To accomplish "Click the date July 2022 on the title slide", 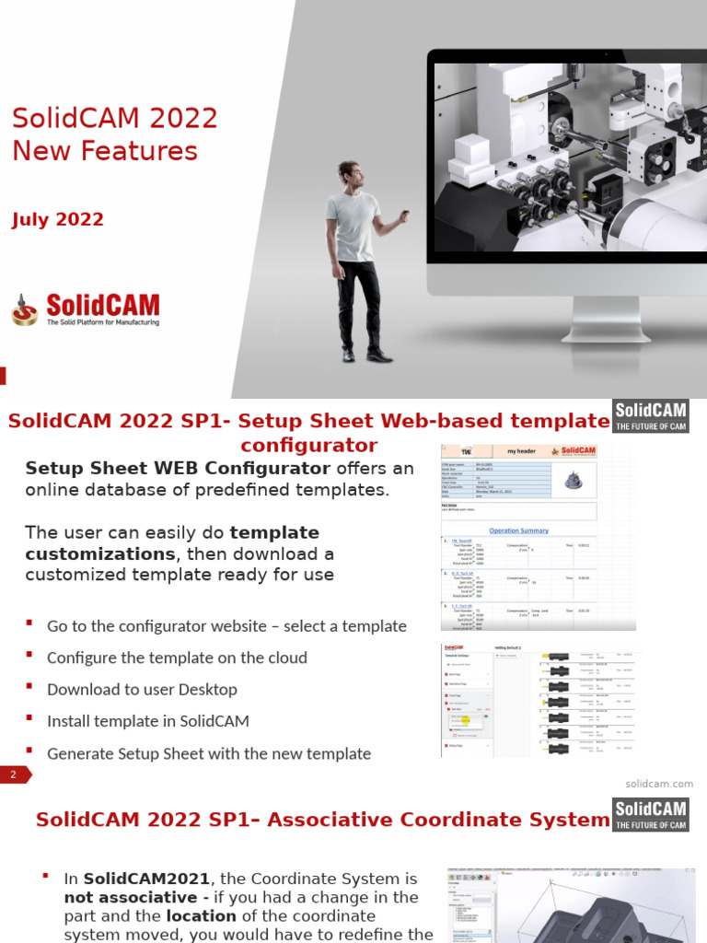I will [x=58, y=220].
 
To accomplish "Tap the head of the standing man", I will [x=349, y=174].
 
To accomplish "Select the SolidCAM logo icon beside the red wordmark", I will [x=25, y=310].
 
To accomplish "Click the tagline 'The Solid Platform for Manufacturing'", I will [x=102, y=322].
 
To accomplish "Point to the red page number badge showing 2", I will [x=14, y=775].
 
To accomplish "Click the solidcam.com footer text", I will [x=659, y=784].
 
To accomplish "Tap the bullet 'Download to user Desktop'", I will [x=142, y=689].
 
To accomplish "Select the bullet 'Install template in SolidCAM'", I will [x=148, y=720].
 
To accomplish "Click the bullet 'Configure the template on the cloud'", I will [x=177, y=658].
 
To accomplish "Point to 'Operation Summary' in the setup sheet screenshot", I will [x=518, y=530].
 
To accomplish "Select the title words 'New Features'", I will [x=105, y=150].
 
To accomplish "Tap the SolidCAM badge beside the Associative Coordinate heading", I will [x=650, y=814].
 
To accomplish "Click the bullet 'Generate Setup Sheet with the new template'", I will [x=209, y=753].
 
